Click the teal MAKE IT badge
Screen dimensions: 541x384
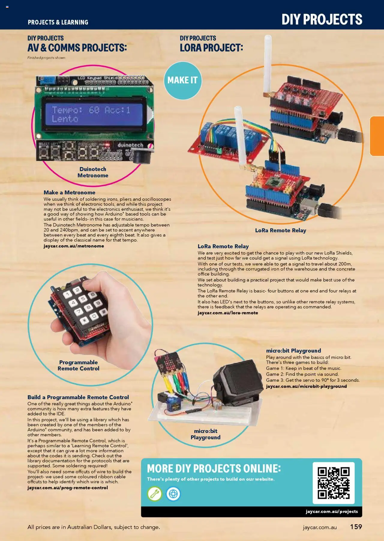pyautogui.click(x=182, y=80)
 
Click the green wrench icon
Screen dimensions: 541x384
pyautogui.click(x=154, y=494)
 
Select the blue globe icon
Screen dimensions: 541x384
pyautogui.click(x=173, y=494)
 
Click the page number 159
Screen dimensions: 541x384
pyautogui.click(x=356, y=527)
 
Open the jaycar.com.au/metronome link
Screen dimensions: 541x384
pyautogui.click(x=74, y=246)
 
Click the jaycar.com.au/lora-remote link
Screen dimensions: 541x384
pyautogui.click(x=228, y=313)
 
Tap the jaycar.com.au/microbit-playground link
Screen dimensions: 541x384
pyautogui.click(x=306, y=386)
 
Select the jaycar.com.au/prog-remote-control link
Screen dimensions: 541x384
pyautogui.click(x=67, y=488)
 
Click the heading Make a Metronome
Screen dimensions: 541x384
pyautogui.click(x=69, y=192)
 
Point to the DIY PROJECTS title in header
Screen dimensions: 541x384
pyautogui.click(x=322, y=19)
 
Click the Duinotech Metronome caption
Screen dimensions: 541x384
pyautogui.click(x=93, y=172)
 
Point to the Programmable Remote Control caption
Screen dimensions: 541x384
pyautogui.click(x=78, y=365)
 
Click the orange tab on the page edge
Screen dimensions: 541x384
pyautogui.click(x=377, y=136)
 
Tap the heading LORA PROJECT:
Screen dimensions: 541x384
pyautogui.click(x=211, y=48)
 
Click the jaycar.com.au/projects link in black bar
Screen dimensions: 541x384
pyautogui.click(x=331, y=511)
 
